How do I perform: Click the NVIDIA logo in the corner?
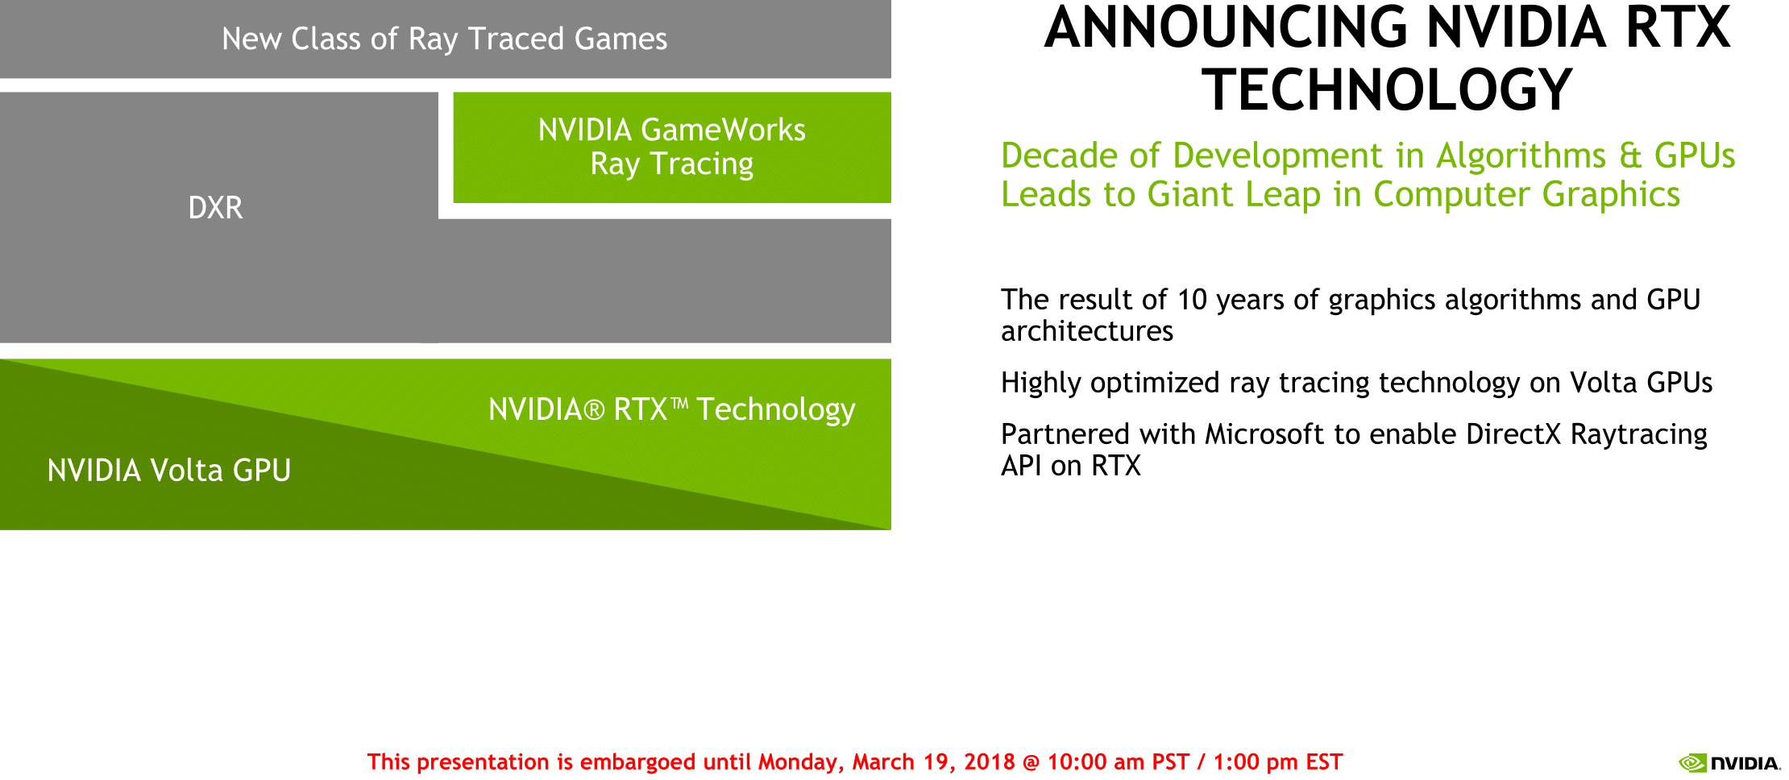pyautogui.click(x=1729, y=762)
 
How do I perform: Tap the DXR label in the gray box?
pyautogui.click(x=215, y=208)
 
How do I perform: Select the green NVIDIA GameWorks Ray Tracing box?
pyautogui.click(x=672, y=147)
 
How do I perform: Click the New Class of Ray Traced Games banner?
pyautogui.click(x=445, y=39)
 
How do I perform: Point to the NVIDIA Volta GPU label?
pyautogui.click(x=169, y=471)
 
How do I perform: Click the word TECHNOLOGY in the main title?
pyautogui.click(x=1387, y=89)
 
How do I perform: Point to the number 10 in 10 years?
pyautogui.click(x=1192, y=300)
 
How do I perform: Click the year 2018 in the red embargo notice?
pyautogui.click(x=990, y=761)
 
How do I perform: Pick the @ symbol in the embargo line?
pyautogui.click(x=1031, y=762)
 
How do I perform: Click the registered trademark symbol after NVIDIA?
pyautogui.click(x=594, y=411)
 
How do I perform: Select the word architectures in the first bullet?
pyautogui.click(x=1087, y=331)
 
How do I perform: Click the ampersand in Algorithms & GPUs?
pyautogui.click(x=1630, y=156)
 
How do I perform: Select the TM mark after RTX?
pyautogui.click(x=679, y=402)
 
